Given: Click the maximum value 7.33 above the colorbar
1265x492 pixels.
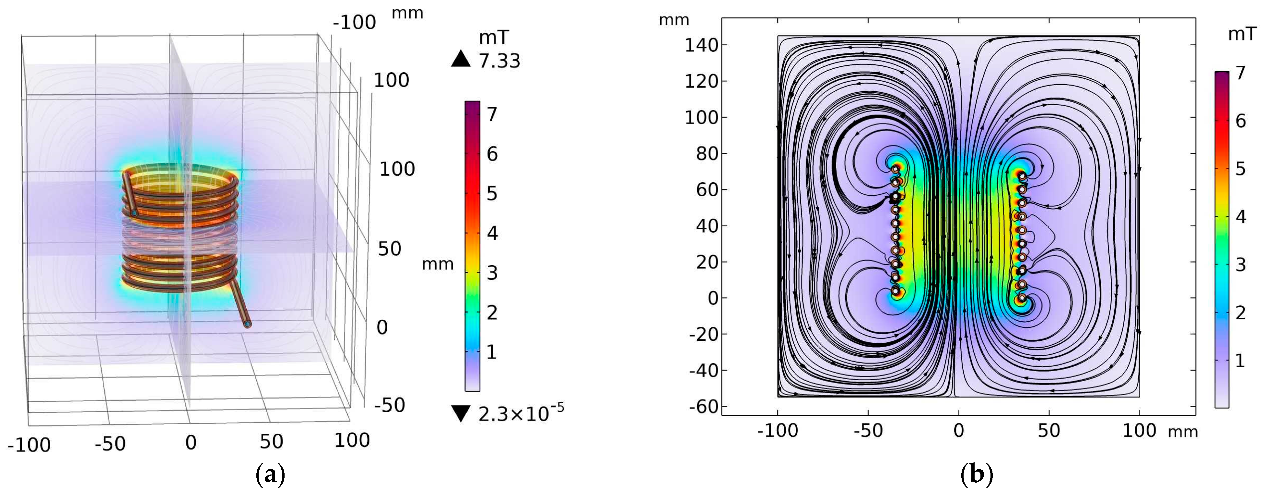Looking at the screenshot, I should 499,61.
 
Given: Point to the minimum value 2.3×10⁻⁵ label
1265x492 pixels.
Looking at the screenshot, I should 521,414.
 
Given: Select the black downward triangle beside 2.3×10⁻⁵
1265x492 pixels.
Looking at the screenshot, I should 461,414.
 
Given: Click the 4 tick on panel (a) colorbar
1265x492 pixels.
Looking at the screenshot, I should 492,233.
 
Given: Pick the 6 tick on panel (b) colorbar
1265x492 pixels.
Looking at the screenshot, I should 1240,121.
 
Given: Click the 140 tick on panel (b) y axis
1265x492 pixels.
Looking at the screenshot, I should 701,45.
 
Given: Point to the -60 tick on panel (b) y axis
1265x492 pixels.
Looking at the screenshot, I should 704,406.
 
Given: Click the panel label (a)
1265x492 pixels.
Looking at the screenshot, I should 270,475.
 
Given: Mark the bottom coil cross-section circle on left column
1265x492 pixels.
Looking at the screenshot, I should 896,292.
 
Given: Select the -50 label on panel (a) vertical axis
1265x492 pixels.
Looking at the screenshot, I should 390,405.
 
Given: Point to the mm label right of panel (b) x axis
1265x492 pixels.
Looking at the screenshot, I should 1182,432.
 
